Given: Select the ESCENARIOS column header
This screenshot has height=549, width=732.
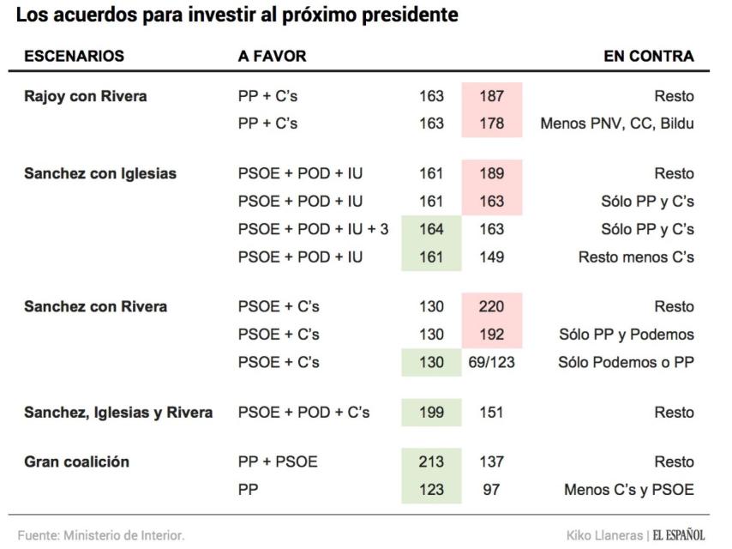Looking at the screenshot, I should pos(74,57).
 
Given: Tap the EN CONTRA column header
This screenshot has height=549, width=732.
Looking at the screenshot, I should pos(649,57).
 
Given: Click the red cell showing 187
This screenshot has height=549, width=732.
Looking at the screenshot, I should pos(491,97).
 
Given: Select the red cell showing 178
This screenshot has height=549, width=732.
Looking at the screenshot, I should pos(491,124).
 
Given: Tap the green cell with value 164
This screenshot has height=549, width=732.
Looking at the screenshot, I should pos(431,230).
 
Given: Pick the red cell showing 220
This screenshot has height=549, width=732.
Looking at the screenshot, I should pos(491,306).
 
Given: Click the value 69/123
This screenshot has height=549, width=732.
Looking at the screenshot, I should pos(491,362).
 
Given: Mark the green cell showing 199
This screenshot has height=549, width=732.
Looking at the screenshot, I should pos(431,413).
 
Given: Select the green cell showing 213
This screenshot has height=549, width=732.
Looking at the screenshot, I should pos(431,462).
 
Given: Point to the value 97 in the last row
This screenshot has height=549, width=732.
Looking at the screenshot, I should pos(491,490).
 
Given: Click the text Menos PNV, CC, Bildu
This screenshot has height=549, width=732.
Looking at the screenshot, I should pos(616,124).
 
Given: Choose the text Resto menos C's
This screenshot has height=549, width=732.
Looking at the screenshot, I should pos(636,257).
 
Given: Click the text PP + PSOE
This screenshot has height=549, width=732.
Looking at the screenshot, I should pos(277,462).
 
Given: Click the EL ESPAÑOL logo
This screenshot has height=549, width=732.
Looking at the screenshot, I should pos(679,535).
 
